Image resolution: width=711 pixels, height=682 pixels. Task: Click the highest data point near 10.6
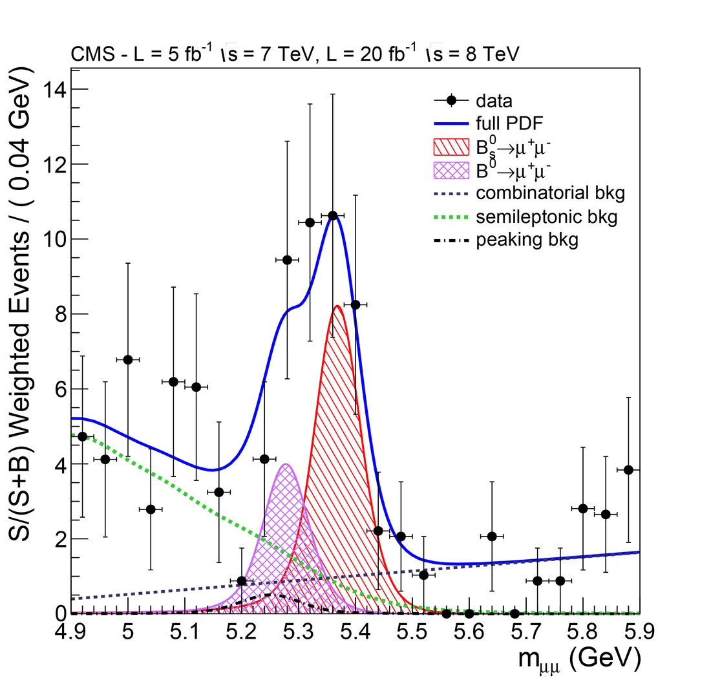(x=332, y=215)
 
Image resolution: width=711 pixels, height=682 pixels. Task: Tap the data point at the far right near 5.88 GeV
(x=628, y=470)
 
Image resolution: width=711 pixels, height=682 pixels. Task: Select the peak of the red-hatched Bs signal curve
(x=337, y=306)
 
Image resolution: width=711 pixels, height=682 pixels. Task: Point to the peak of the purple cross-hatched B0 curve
(x=286, y=464)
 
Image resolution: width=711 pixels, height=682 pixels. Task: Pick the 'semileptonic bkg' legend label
(x=546, y=217)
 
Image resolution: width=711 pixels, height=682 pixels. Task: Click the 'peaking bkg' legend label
(x=527, y=240)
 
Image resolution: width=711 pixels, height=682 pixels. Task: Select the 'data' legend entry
(x=494, y=101)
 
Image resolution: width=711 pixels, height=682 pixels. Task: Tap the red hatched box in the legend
(x=451, y=147)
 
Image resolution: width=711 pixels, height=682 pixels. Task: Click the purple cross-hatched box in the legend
(x=451, y=171)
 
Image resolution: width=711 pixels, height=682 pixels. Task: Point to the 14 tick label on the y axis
(x=55, y=89)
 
